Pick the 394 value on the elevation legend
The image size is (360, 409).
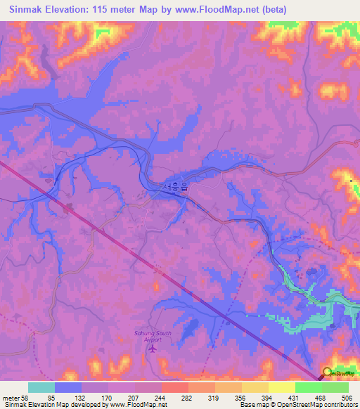pos(266,397)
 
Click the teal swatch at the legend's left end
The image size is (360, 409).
pos(41,387)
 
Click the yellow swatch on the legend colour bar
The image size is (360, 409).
pos(281,387)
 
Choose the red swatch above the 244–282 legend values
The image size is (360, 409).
pos(174,387)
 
